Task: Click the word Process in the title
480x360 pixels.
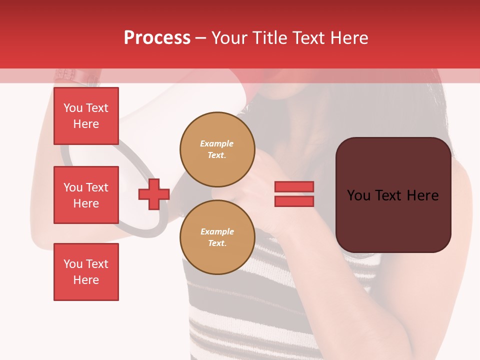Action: (157, 38)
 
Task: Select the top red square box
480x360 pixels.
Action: (86, 116)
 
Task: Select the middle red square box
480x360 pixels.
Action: (86, 195)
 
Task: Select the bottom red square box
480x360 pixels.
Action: (86, 272)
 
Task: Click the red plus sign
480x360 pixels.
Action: (154, 194)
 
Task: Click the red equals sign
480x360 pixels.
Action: (294, 194)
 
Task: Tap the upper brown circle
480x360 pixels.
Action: (217, 149)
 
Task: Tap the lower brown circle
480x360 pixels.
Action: (217, 237)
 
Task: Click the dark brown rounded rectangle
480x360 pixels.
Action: (393, 195)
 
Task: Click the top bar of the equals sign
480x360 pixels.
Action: (294, 187)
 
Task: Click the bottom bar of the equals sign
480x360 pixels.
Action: (294, 201)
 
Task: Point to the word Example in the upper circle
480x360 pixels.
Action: (216, 143)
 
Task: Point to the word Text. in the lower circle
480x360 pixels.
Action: (217, 243)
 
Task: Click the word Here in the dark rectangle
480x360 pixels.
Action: (422, 195)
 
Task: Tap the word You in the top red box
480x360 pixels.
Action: (73, 108)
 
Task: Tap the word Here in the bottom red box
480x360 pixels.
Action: (86, 280)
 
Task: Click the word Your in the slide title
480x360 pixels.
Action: (230, 38)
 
